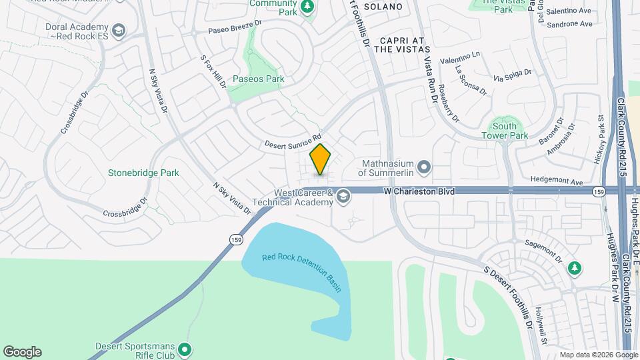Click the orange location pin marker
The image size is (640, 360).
tap(321, 160)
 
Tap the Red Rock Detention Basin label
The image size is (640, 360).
tap(301, 273)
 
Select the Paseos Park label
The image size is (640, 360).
tap(259, 79)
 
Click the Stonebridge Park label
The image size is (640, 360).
tap(143, 173)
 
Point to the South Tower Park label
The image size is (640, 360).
tap(505, 131)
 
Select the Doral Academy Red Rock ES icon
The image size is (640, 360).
tap(118, 30)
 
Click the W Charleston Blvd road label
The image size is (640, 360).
tap(419, 191)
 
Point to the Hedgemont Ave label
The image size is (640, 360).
tap(557, 181)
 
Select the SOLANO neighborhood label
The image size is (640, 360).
tap(383, 7)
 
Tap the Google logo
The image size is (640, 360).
tap(22, 352)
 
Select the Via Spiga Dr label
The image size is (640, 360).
tap(512, 75)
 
